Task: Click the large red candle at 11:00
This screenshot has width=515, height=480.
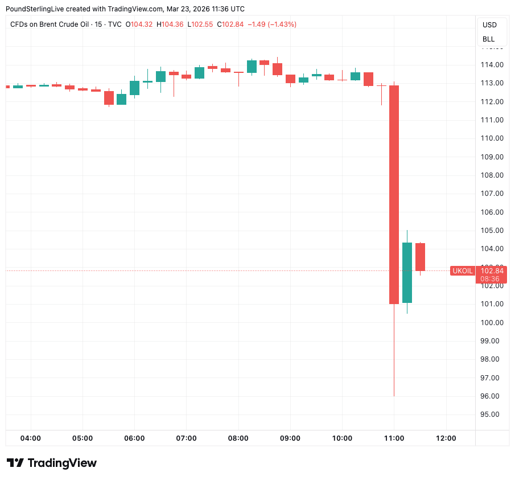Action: coord(394,194)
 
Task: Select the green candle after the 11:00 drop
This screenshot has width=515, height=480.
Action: coord(407,272)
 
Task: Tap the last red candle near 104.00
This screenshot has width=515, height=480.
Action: coord(420,257)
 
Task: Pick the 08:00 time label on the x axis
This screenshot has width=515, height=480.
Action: coord(238,438)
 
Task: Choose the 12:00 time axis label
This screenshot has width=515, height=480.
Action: coord(446,438)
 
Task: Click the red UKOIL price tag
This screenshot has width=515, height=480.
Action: coord(462,271)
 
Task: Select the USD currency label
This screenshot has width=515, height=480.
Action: coord(489,25)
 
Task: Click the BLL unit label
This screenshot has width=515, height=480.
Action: coord(489,39)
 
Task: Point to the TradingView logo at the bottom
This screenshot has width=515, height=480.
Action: coord(52,463)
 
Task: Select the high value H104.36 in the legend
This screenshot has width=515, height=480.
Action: coord(170,24)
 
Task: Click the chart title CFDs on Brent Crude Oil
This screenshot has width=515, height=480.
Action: coord(57,24)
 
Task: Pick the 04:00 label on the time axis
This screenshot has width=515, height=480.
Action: coord(30,438)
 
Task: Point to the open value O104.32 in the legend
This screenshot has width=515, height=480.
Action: coord(139,24)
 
